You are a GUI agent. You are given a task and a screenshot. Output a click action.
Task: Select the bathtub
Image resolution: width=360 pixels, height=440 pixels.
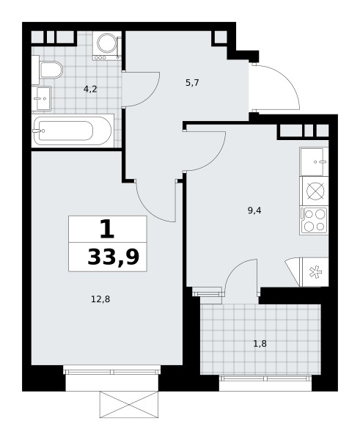73,131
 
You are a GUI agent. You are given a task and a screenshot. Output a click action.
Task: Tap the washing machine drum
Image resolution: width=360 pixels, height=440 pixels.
106,43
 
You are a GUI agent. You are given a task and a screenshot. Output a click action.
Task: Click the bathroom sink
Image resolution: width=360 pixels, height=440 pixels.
41,98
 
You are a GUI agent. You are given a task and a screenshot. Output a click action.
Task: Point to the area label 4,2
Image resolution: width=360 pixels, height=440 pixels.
90,89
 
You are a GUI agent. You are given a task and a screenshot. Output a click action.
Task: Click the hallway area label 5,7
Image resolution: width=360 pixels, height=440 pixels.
192,82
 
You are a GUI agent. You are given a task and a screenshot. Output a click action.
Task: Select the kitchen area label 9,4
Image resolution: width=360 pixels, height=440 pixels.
254,210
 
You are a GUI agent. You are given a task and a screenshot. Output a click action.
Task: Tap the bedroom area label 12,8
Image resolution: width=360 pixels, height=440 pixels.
100,299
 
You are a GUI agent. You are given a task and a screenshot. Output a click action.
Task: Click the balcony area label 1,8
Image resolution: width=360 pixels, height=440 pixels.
260,343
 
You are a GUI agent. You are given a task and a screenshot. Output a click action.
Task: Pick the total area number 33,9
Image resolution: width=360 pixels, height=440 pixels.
114,257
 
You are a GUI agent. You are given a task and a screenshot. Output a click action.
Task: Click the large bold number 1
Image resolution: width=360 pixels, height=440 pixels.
107,229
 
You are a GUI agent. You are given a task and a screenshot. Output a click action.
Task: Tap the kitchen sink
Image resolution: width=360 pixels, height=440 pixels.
314,161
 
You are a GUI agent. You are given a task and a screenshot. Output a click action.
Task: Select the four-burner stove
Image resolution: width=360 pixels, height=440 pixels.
314,221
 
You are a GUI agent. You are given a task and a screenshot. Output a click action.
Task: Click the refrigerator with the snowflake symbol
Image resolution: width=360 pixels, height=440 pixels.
314,272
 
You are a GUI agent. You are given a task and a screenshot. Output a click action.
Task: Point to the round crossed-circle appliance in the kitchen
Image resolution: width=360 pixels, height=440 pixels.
316,191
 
